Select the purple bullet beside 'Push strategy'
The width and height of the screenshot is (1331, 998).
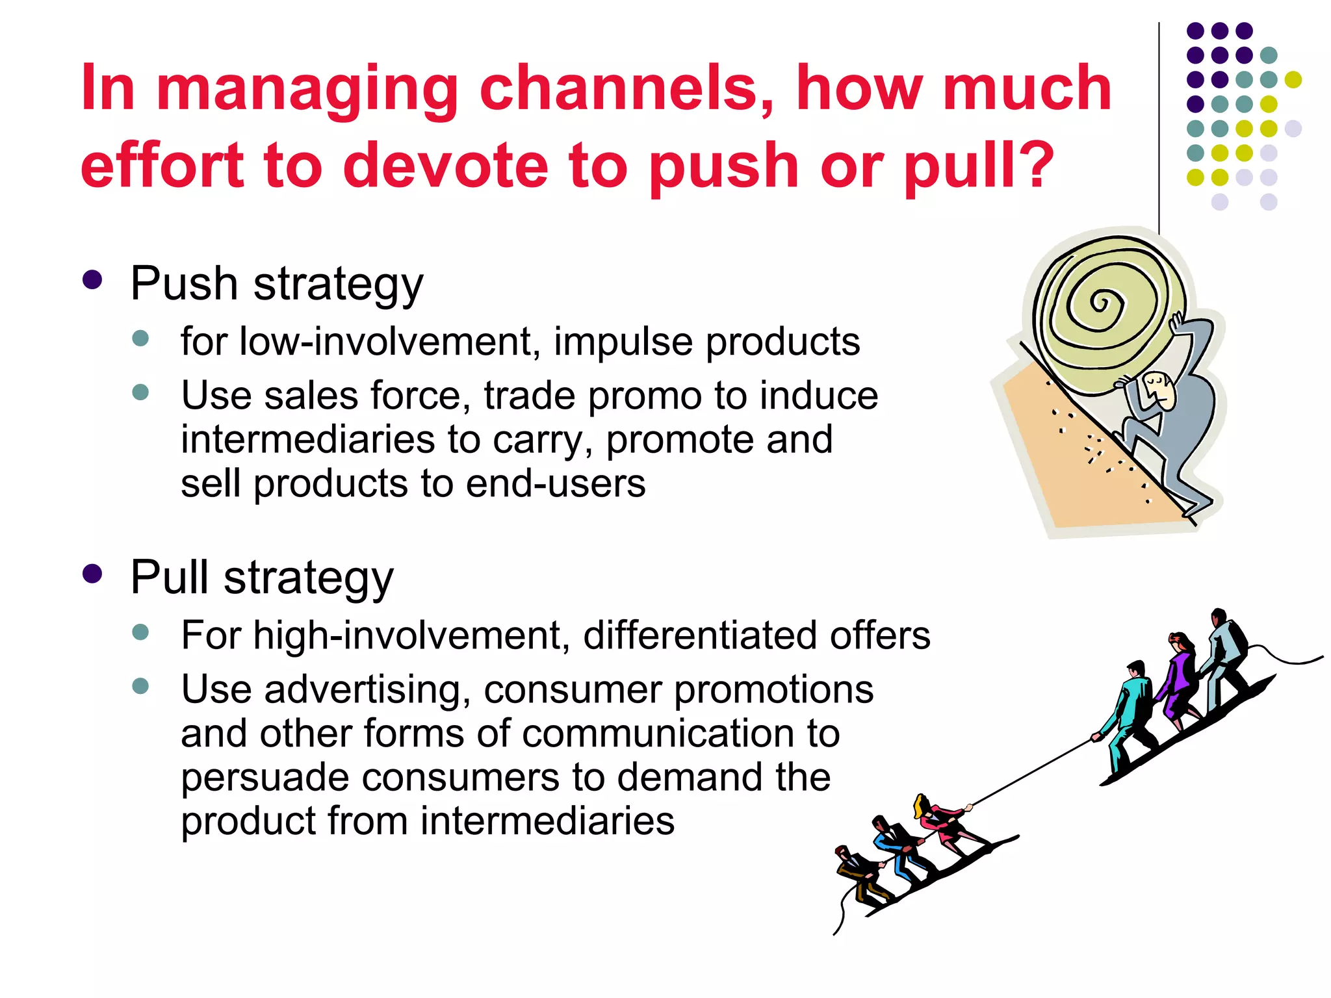click(x=93, y=280)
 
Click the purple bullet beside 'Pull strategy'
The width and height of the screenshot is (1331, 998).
click(x=93, y=574)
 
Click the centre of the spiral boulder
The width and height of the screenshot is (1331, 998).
click(x=1100, y=303)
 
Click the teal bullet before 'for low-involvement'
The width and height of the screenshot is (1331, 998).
click(x=140, y=338)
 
